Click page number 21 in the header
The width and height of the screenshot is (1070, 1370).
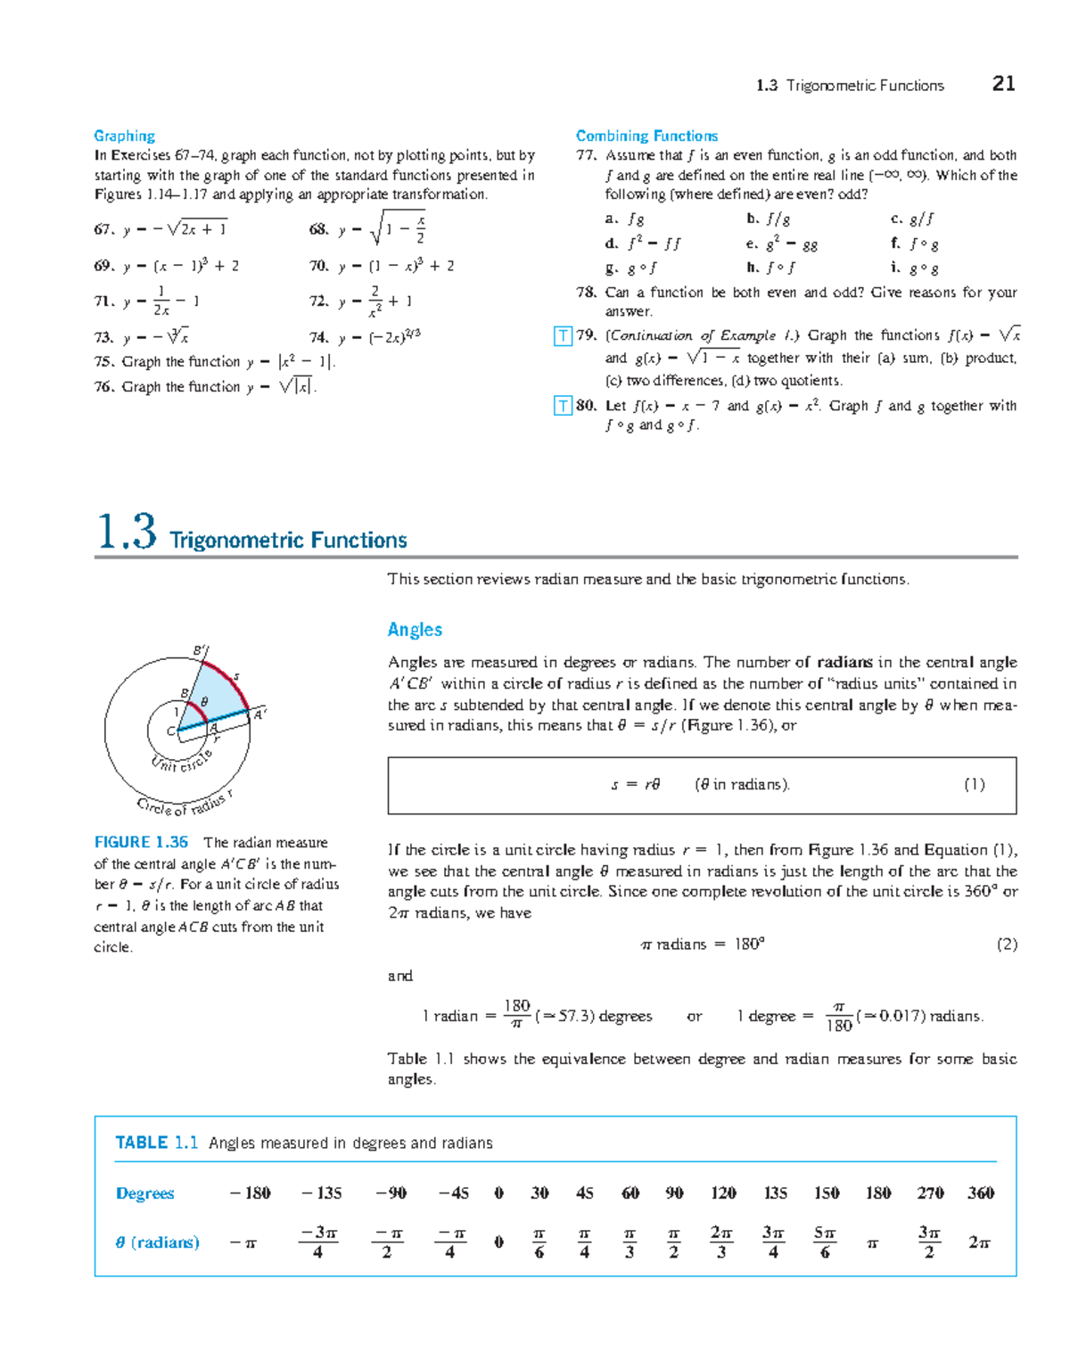coord(1003,84)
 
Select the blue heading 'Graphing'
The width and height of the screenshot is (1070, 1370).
coord(124,136)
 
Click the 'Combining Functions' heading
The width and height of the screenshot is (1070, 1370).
coord(646,136)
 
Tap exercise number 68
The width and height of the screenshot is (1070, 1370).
coord(318,229)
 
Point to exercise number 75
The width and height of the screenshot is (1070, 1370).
coord(103,361)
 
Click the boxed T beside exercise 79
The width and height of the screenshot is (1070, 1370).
coord(563,336)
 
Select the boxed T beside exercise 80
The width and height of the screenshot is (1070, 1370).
coord(563,406)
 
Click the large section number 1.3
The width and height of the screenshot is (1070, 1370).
coord(127,532)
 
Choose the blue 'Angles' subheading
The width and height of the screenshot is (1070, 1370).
coord(415,630)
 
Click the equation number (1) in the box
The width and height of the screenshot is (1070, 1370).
coord(974,785)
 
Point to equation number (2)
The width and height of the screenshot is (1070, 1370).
coord(1006,945)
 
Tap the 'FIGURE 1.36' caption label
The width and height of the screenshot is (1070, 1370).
coord(141,842)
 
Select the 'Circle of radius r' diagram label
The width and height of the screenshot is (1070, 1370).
coord(185,804)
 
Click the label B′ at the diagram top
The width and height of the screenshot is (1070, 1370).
coord(201,651)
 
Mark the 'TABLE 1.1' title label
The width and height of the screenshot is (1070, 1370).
coord(156,1143)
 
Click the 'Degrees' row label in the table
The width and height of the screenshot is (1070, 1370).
coord(144,1193)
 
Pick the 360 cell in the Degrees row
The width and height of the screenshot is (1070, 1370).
coord(981,1193)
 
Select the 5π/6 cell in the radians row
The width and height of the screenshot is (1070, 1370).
coord(824,1242)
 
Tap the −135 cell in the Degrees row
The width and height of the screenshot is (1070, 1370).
coord(321,1193)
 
